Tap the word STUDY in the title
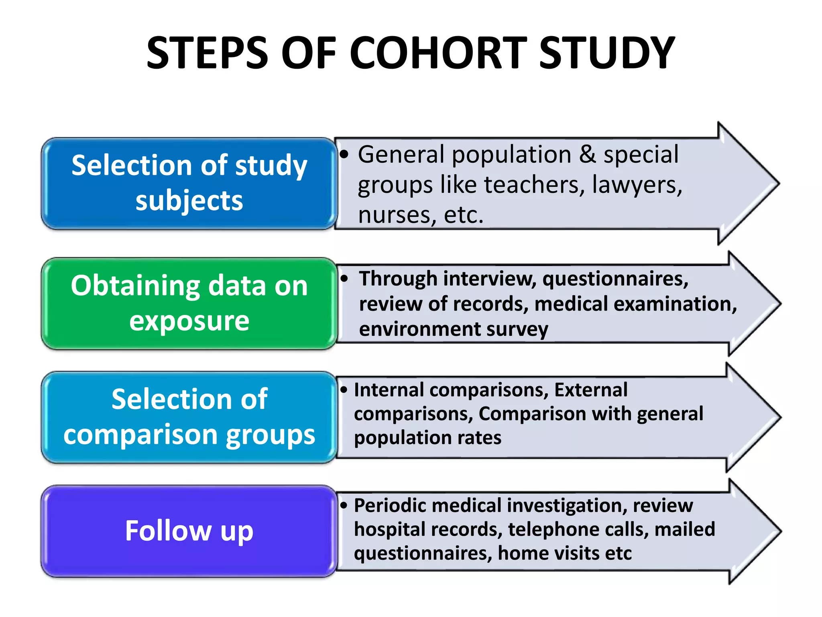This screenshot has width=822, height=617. coord(607,53)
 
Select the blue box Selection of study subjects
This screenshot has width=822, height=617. coord(189,183)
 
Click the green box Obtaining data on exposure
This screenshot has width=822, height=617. coord(189,303)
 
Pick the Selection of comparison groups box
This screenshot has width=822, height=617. coord(189,417)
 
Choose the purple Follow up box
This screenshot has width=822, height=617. coord(189,531)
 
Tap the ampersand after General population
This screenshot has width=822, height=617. coord(588,155)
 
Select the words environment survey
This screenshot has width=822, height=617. coord(454,329)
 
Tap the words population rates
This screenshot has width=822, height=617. coord(427,438)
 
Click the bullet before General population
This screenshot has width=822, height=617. coord(344,154)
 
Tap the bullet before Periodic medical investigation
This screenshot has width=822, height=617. coord(344,505)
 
